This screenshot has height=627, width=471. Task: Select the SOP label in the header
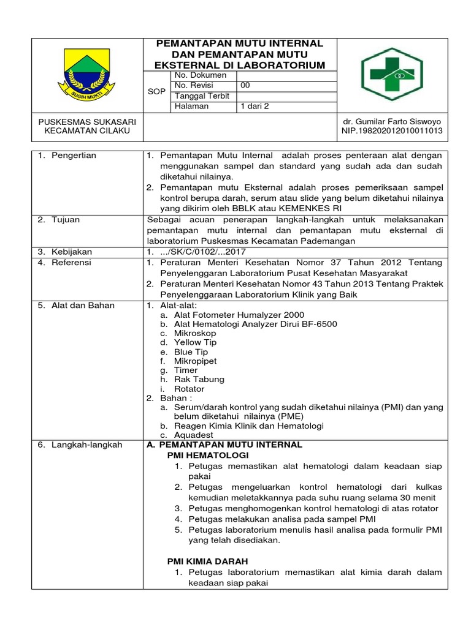(x=156, y=91)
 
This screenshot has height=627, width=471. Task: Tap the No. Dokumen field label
(x=201, y=75)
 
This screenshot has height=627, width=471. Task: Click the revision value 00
(x=245, y=85)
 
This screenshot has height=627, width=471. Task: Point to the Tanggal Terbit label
(x=202, y=96)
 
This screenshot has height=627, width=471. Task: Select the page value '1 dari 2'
(x=254, y=106)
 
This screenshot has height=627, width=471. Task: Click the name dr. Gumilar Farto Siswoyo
(x=391, y=121)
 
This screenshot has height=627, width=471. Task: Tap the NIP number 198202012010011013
(x=391, y=131)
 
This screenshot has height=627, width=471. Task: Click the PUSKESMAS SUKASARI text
(x=86, y=121)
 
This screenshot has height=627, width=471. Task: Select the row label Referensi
(x=71, y=262)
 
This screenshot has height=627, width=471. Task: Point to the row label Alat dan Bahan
(x=78, y=305)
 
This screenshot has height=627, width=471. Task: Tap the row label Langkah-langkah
(x=83, y=445)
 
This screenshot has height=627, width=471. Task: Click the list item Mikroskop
(x=195, y=333)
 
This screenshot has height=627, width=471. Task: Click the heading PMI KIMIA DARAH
(x=208, y=561)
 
